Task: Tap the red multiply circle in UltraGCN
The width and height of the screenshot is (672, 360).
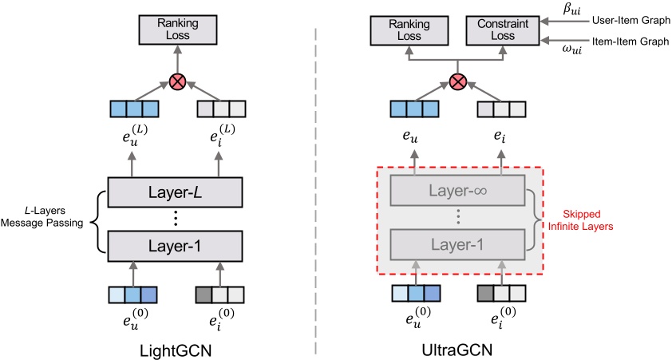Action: tap(457, 82)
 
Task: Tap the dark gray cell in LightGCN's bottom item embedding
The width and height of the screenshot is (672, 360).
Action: tap(204, 293)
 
